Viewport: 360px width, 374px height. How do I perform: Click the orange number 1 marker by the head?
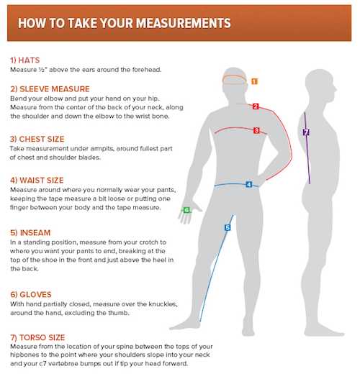pos(254,81)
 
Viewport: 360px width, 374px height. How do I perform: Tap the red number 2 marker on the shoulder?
pos(256,106)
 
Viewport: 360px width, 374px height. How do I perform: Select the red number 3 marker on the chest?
pos(256,130)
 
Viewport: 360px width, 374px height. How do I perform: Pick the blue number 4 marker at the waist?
pos(249,185)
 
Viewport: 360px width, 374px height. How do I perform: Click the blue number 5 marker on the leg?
pos(228,227)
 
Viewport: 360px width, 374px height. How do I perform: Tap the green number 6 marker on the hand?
pos(186,210)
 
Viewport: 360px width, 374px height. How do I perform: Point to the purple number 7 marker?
pos(306,132)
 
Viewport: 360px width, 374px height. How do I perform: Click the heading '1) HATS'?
pos(24,60)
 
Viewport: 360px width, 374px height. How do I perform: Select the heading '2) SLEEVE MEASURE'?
pos(50,89)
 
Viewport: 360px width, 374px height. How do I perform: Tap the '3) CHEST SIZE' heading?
pos(37,139)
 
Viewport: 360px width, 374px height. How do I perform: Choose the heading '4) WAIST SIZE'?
pos(37,181)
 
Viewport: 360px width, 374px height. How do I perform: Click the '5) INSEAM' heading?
pos(30,233)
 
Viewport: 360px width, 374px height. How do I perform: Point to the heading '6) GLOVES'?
pos(31,295)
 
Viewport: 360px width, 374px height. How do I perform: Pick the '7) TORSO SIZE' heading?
pos(37,337)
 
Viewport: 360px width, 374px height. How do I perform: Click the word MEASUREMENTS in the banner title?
pos(184,24)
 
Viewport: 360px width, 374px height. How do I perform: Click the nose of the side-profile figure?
pos(336,90)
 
